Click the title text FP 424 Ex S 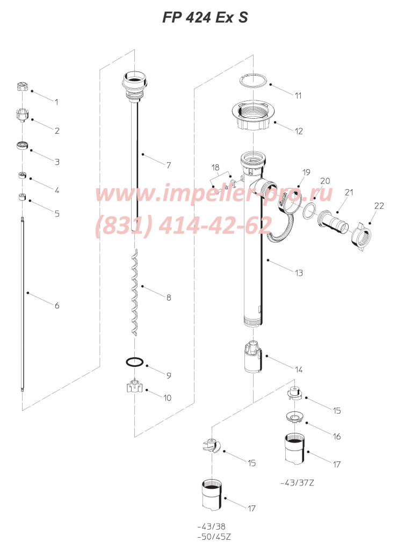[x=205, y=17]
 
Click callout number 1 [x=56, y=102]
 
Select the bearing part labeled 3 [x=23, y=145]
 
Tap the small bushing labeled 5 [x=23, y=196]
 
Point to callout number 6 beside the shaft [x=57, y=306]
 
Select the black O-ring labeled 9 [x=134, y=362]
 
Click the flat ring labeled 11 [x=252, y=82]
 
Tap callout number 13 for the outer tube [x=299, y=273]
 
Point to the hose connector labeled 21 [x=333, y=223]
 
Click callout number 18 [x=215, y=168]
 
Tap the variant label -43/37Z [x=298, y=483]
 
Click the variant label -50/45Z [x=214, y=537]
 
